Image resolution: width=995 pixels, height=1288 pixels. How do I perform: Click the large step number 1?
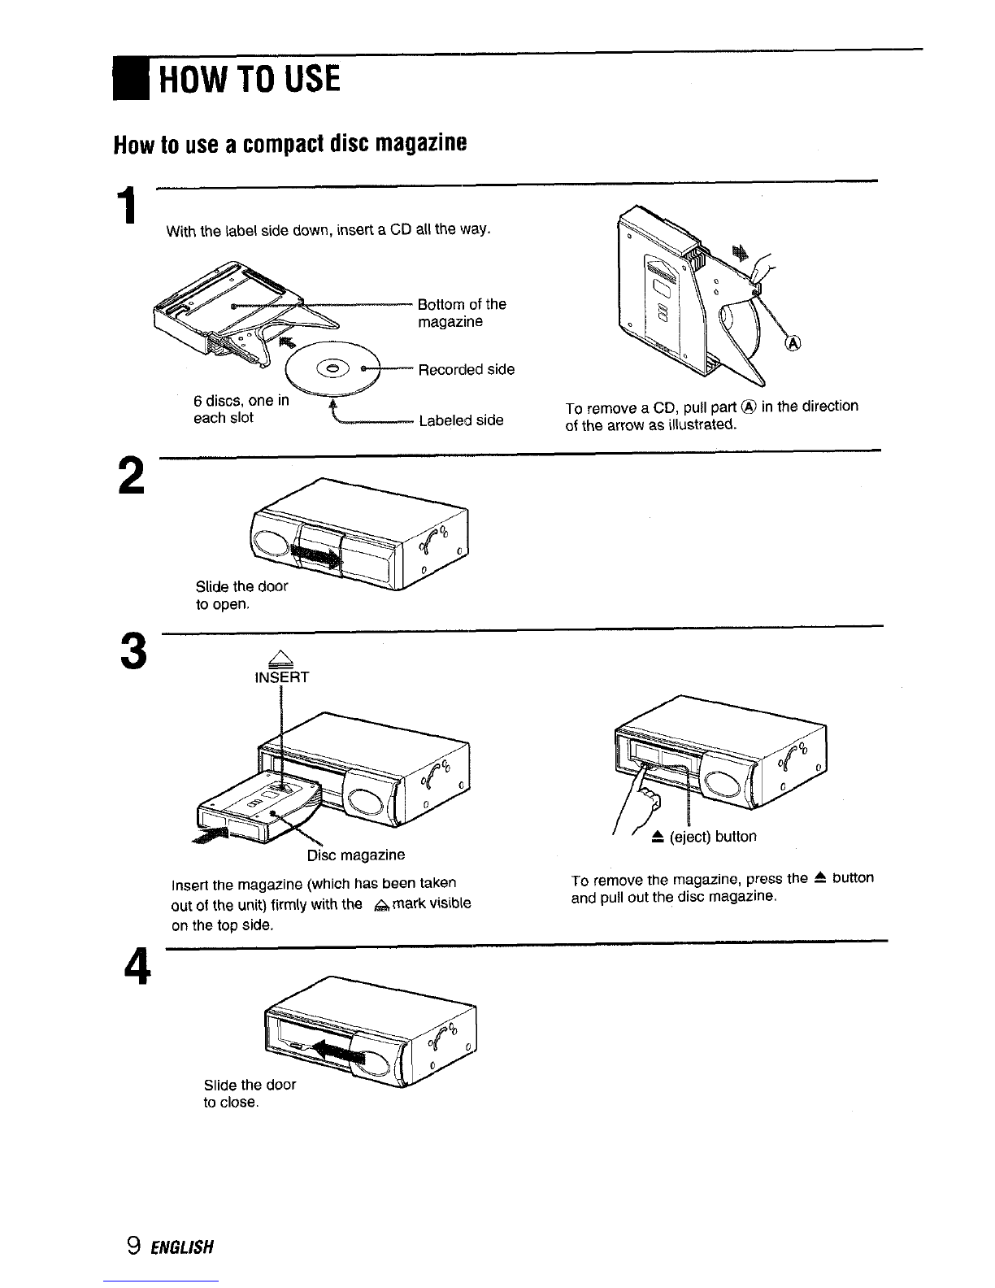pyautogui.click(x=125, y=207)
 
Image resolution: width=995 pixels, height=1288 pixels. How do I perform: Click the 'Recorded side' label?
pyautogui.click(x=466, y=370)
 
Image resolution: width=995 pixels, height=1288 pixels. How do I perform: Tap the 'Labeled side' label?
pyautogui.click(x=461, y=420)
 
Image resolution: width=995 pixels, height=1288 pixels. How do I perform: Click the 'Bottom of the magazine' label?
pyautogui.click(x=462, y=313)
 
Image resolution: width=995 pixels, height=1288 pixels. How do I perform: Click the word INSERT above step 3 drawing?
pyautogui.click(x=281, y=677)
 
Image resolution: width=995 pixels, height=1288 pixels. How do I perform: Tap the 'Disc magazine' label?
pyautogui.click(x=355, y=855)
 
